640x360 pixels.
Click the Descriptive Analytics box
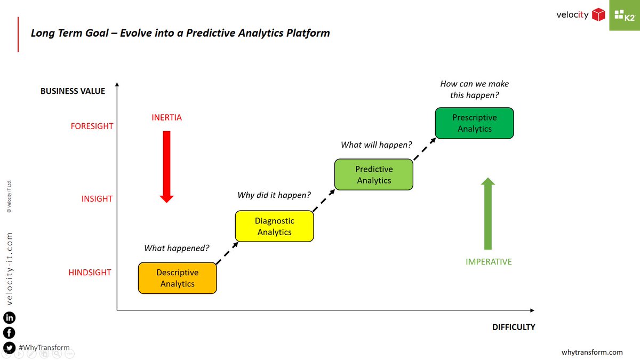tap(177, 278)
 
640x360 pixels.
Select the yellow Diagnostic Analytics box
tap(274, 226)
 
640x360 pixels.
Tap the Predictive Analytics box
tap(374, 174)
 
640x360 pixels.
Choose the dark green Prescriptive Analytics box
tap(474, 123)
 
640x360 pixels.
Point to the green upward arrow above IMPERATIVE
tap(487, 213)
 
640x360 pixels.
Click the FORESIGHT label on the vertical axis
tap(92, 126)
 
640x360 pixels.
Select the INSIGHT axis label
tap(97, 199)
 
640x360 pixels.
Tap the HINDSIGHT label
tap(90, 273)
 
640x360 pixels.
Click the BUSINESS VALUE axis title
tap(73, 91)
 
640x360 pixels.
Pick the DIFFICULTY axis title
tap(513, 327)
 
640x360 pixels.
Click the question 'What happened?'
tap(177, 248)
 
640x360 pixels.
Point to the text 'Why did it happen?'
tap(274, 195)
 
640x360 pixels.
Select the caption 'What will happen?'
tap(377, 145)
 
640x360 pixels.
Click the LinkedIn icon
tap(9, 318)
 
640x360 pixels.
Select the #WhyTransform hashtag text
tap(44, 347)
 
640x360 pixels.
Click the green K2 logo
tap(625, 15)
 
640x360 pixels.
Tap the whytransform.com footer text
tap(592, 352)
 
